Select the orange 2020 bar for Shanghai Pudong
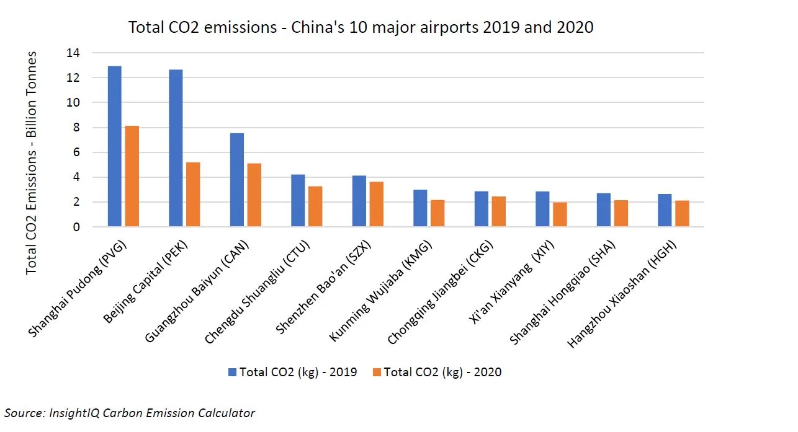tap(132, 176)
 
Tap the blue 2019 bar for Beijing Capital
tap(176, 148)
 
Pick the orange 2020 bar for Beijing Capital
tap(193, 195)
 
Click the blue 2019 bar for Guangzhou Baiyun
tap(236, 180)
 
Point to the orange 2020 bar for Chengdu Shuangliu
tap(315, 206)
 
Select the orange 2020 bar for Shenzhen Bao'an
tap(376, 204)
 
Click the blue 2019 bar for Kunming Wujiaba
tap(420, 208)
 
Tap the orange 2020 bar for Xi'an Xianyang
tap(560, 214)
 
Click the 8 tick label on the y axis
tap(77, 128)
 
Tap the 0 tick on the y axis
tap(77, 227)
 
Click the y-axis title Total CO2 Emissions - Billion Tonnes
tap(32, 162)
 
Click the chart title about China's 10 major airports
tap(361, 27)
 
